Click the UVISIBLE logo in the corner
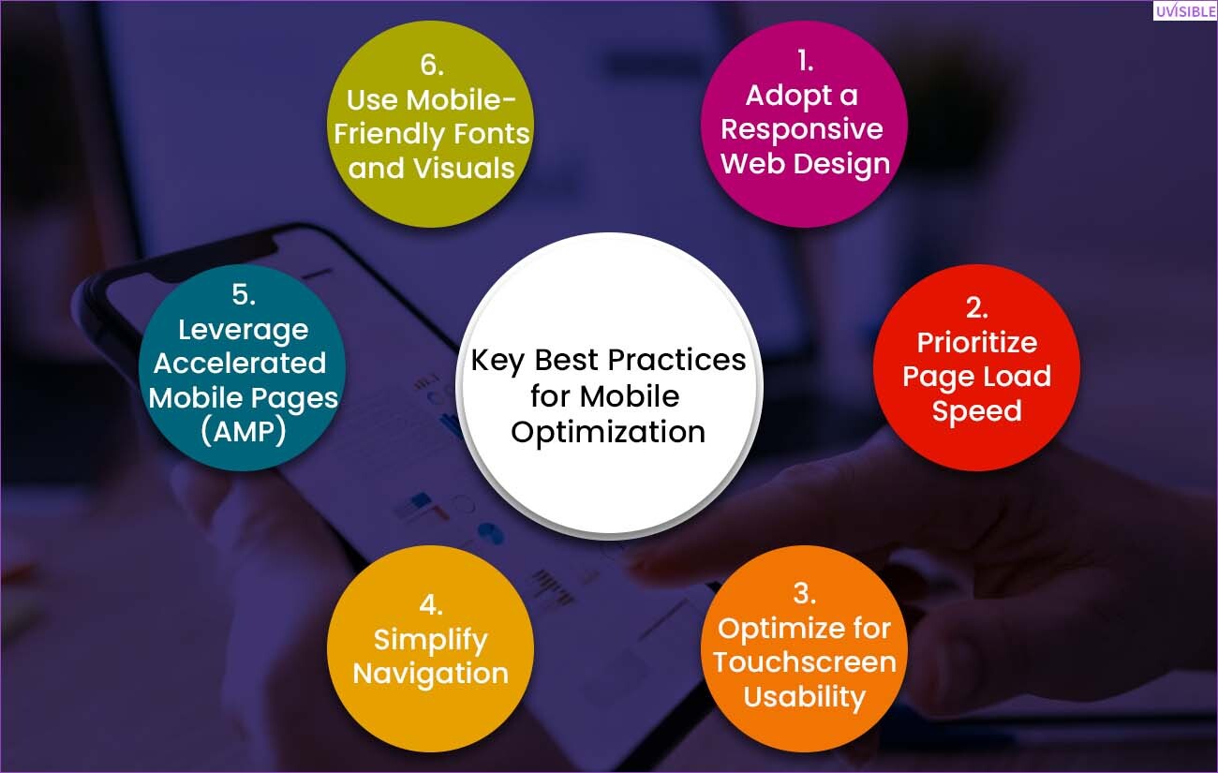pyautogui.click(x=1185, y=11)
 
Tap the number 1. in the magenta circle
pyautogui.click(x=806, y=61)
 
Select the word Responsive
pyautogui.click(x=802, y=129)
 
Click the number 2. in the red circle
pyautogui.click(x=977, y=308)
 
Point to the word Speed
pyautogui.click(x=977, y=411)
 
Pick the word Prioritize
pyautogui.click(x=977, y=343)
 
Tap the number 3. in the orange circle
pyautogui.click(x=805, y=593)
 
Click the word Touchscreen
pyautogui.click(x=805, y=662)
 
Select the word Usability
pyautogui.click(x=805, y=697)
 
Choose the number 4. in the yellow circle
pyautogui.click(x=431, y=605)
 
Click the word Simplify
pyautogui.click(x=431, y=640)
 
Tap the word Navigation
pyautogui.click(x=431, y=674)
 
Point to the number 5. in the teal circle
pyautogui.click(x=244, y=295)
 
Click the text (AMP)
pyautogui.click(x=244, y=432)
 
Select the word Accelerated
pyautogui.click(x=240, y=364)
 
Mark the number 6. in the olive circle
pyautogui.click(x=432, y=66)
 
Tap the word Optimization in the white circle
pyautogui.click(x=608, y=433)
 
